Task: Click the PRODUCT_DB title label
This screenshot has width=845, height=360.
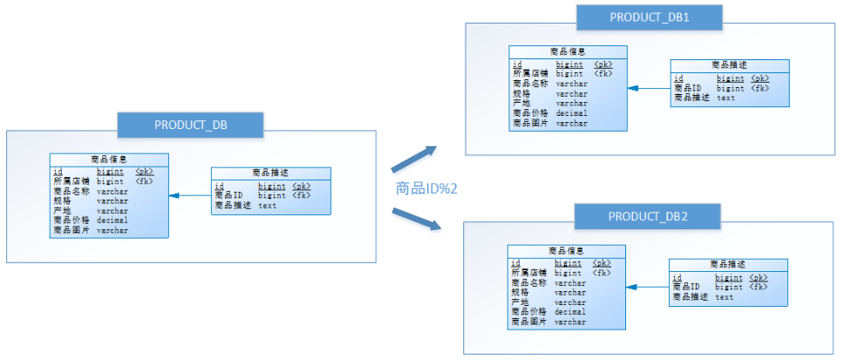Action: coord(190,124)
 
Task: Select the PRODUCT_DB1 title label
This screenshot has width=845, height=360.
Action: coord(650,17)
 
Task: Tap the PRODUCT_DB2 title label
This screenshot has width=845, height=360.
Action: coord(649,215)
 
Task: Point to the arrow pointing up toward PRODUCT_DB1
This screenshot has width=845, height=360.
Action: coord(412,158)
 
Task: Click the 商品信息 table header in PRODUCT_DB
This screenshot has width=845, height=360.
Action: coord(109,160)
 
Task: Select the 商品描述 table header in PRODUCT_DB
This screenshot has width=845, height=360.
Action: coord(271,173)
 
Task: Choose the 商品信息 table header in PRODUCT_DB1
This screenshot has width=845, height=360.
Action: coord(568,52)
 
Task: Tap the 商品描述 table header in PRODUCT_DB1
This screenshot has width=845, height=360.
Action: coord(730,65)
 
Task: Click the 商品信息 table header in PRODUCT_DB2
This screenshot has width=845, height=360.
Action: coord(567,251)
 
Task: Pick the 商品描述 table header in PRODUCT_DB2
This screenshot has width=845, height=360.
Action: coord(728,264)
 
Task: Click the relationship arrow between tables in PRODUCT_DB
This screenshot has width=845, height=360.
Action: coord(190,196)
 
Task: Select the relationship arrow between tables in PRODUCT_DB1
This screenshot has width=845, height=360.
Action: coord(648,88)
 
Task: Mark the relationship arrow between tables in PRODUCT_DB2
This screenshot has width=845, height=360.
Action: coord(647,287)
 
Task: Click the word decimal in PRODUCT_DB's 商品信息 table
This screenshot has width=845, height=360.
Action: coord(112,221)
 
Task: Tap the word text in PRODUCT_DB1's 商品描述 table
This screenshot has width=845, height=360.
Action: coord(726,98)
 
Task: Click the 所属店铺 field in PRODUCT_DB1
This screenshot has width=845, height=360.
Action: coord(530,74)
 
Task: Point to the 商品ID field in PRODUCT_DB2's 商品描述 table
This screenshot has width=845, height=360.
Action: coord(686,287)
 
